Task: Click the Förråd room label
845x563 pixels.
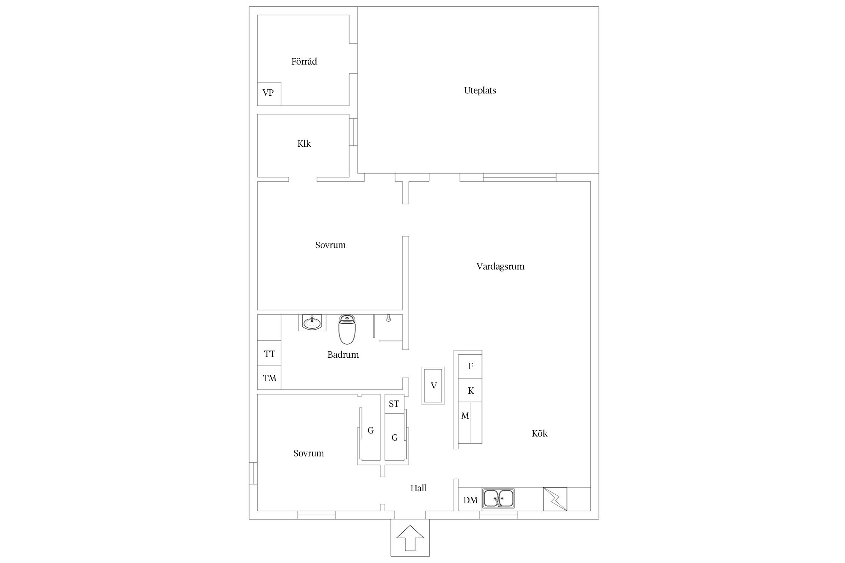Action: [304, 62]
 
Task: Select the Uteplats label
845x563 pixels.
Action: [480, 90]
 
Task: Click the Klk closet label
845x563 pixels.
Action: [304, 144]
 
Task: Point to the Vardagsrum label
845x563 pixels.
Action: [500, 266]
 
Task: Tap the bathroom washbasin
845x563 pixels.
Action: [312, 322]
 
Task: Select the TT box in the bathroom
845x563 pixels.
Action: [269, 354]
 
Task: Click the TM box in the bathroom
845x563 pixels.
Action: [269, 378]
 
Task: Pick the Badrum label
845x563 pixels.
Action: [343, 355]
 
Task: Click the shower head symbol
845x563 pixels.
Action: [388, 318]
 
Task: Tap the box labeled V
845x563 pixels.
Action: [433, 385]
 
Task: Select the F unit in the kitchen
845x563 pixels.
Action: [470, 366]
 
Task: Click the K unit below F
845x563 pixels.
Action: [470, 391]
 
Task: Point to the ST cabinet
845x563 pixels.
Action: [394, 404]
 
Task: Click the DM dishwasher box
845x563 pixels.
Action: [470, 500]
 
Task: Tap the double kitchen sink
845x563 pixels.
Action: [498, 498]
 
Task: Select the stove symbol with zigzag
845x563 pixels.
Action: [555, 499]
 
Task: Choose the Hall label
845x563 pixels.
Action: [418, 488]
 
